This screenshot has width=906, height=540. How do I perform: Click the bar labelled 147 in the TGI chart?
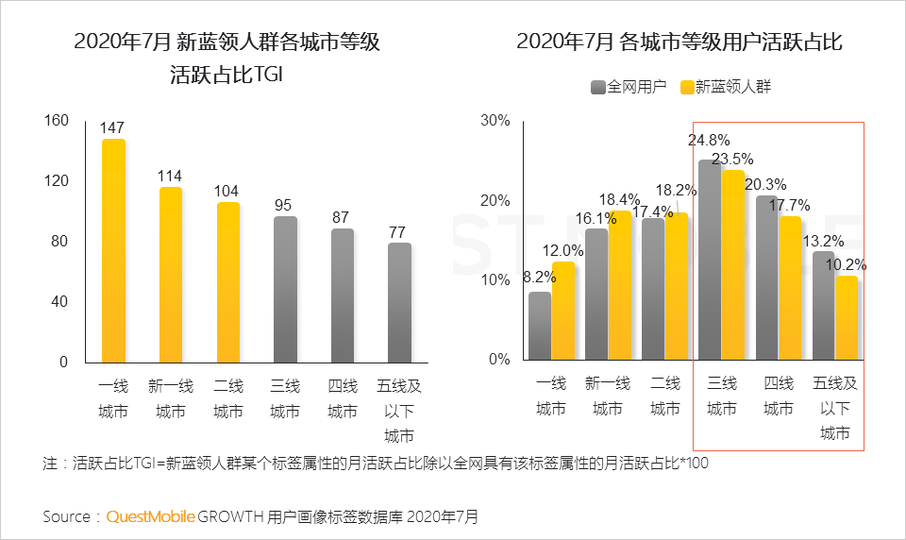point(113,250)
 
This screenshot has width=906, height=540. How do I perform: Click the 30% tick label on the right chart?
point(495,120)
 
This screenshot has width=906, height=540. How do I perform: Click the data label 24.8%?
point(709,140)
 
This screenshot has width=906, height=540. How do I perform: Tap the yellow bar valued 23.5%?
point(733,264)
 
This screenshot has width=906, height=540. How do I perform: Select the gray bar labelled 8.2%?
point(540,326)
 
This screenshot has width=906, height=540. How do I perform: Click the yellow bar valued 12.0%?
point(563,311)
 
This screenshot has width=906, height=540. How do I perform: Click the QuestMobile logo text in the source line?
point(151,516)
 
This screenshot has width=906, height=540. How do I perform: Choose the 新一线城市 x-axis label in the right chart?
point(608,396)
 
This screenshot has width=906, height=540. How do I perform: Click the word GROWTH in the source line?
point(230,516)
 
